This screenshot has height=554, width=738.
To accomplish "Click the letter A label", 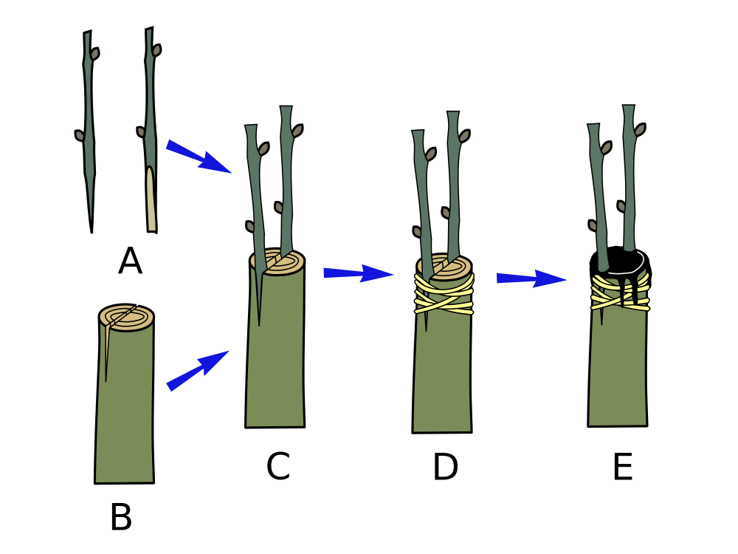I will [x=130, y=261].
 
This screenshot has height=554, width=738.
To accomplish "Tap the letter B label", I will [x=121, y=517].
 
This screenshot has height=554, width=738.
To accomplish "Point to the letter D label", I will [x=446, y=467].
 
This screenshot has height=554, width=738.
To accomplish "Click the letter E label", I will [x=623, y=467].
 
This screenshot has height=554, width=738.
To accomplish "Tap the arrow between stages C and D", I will [x=359, y=273].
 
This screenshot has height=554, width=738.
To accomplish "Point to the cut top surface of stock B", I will [x=126, y=318].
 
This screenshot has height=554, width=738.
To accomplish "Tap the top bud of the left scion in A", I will [x=95, y=53].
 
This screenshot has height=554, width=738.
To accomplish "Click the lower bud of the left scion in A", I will [x=80, y=135].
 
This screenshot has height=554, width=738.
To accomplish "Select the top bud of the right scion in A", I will [x=157, y=49].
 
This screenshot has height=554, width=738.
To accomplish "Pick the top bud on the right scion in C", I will [x=299, y=129].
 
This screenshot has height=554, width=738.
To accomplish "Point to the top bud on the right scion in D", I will [x=465, y=135].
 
